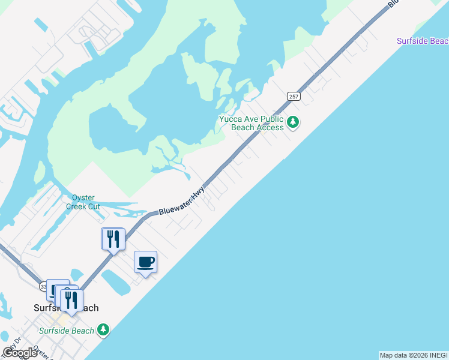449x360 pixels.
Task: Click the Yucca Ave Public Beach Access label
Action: click(x=251, y=123)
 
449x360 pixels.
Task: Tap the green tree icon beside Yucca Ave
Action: click(x=292, y=122)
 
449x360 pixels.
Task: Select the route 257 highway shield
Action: click(x=293, y=96)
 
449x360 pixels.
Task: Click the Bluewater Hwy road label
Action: click(x=181, y=201)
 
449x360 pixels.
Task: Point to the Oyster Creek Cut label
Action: click(x=86, y=202)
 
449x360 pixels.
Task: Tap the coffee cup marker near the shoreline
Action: click(x=146, y=263)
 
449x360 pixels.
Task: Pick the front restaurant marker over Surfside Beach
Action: click(x=71, y=299)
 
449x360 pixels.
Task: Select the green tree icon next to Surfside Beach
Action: click(x=104, y=329)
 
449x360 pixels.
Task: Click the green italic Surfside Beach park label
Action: click(x=67, y=331)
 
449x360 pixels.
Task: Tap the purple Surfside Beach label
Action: click(x=423, y=41)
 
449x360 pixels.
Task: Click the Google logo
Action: click(x=20, y=352)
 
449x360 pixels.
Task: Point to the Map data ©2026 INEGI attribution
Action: click(x=414, y=355)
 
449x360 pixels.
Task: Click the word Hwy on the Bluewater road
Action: click(x=197, y=193)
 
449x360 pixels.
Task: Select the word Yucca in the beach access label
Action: click(x=231, y=119)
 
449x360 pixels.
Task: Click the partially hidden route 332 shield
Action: click(x=44, y=287)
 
